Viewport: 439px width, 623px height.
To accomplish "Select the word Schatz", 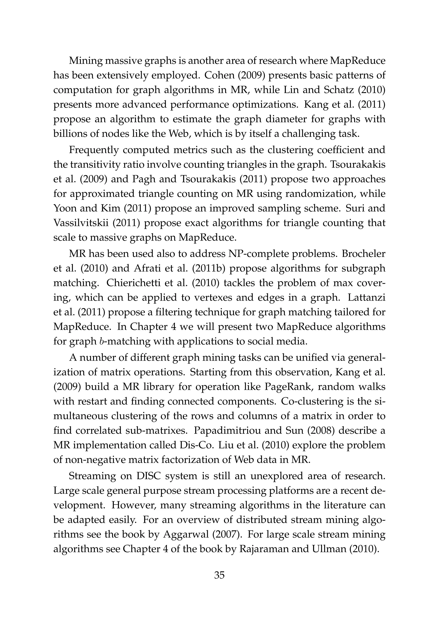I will click(x=339, y=90).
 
